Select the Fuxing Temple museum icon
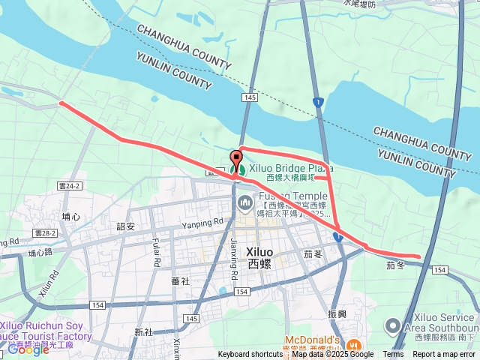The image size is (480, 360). (x=245, y=203)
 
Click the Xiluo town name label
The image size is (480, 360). (x=259, y=257)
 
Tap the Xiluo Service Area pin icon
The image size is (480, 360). (x=392, y=326)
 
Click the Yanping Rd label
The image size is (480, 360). (x=202, y=222)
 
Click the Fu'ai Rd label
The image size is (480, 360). (x=157, y=253)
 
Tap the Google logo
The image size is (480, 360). (x=28, y=349)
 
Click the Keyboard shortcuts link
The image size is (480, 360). (x=250, y=355)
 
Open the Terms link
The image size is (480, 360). (x=393, y=355)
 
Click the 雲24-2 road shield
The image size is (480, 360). (x=67, y=185)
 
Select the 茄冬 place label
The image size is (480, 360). (x=395, y=265)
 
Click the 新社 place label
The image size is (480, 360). (x=143, y=331)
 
